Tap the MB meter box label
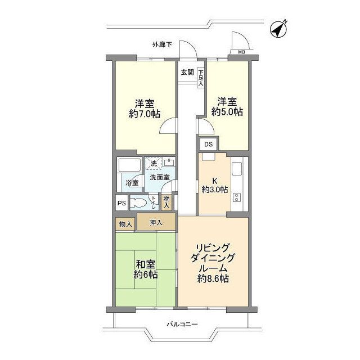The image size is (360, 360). [241, 54]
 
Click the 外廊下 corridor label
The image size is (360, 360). [161, 44]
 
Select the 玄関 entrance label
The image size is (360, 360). [187, 72]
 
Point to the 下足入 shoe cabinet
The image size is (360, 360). [201, 76]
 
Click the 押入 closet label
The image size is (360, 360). [156, 223]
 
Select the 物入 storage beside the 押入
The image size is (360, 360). [126, 224]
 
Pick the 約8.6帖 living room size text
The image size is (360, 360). [212, 278]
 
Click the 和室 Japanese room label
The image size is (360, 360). [145, 264]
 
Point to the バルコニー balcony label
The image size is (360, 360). [182, 324]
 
